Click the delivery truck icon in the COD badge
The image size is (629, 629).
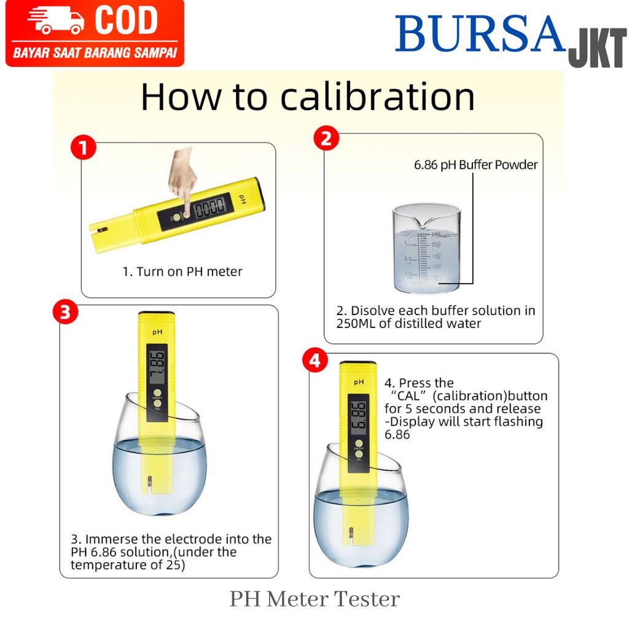pyautogui.click(x=55, y=20)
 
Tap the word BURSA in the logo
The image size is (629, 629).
pyautogui.click(x=480, y=34)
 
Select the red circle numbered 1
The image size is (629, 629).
pyautogui.click(x=84, y=147)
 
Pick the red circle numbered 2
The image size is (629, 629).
pyautogui.click(x=326, y=138)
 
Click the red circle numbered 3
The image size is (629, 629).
pyautogui.click(x=65, y=312)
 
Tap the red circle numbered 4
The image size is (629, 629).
pyautogui.click(x=315, y=360)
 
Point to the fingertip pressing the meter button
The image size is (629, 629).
pyautogui.click(x=186, y=212)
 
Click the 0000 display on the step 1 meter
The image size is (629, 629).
pyautogui.click(x=209, y=208)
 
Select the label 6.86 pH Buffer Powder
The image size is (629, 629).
pyautogui.click(x=476, y=165)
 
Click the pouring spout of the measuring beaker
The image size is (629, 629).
pyautogui.click(x=424, y=222)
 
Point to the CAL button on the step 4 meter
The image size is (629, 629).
pyautogui.click(x=359, y=453)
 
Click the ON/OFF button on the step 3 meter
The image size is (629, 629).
pyautogui.click(x=157, y=393)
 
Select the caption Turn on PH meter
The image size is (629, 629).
pyautogui.click(x=189, y=272)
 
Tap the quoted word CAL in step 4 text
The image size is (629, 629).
pyautogui.click(x=408, y=396)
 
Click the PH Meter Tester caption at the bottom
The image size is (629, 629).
pyautogui.click(x=314, y=599)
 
